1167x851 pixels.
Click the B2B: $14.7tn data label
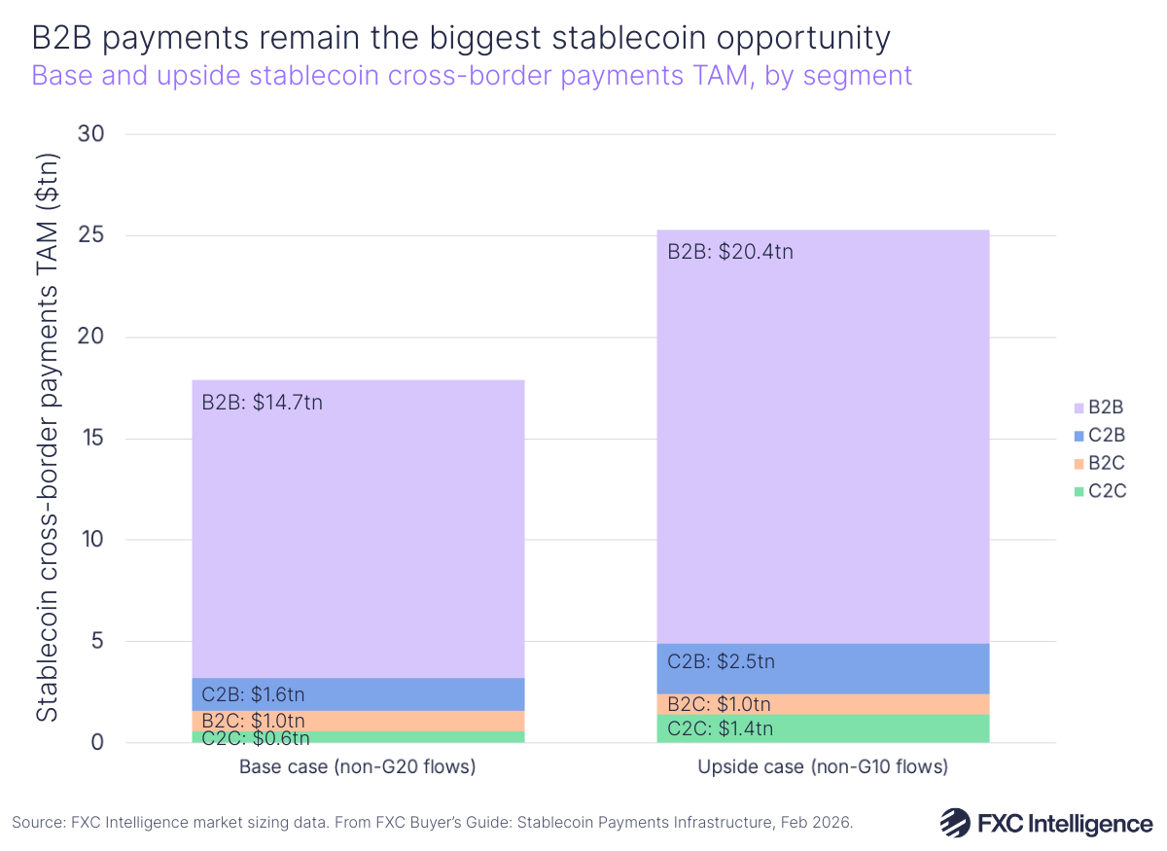[262, 402]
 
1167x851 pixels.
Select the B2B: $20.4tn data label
[730, 252]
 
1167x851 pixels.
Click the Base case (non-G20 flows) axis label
[357, 767]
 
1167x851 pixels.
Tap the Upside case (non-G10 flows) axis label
[822, 767]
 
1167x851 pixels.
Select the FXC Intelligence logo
[1045, 823]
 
